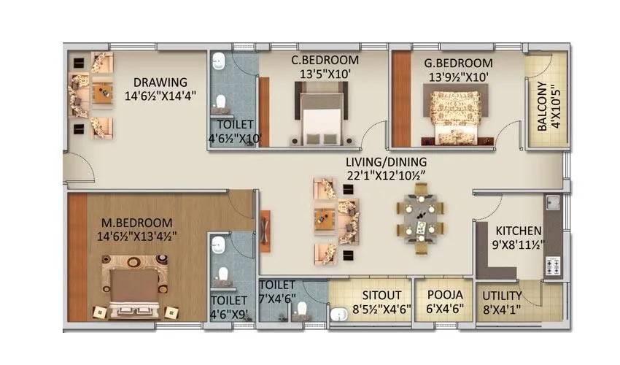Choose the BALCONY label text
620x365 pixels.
tap(544, 109)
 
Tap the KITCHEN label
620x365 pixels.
tap(518, 230)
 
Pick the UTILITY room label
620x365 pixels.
tap(503, 295)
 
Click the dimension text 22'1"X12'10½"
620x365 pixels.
tap(387, 175)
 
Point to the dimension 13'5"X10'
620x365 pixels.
tap(325, 73)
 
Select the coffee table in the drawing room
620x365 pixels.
tap(102, 92)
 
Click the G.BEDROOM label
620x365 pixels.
tap(458, 62)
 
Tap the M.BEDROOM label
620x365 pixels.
tap(136, 223)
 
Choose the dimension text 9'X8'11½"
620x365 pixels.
tap(518, 245)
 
